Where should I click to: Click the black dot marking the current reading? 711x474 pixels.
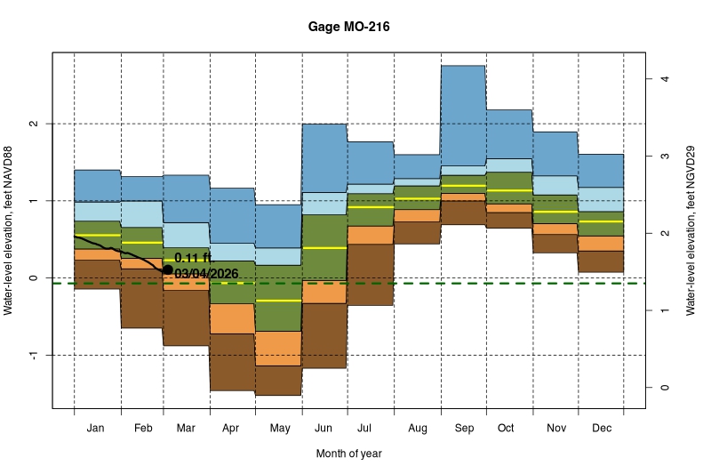(167, 269)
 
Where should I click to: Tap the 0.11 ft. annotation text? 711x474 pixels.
(195, 258)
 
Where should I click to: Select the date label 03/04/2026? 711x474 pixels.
(206, 274)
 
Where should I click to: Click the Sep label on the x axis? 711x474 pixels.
(464, 429)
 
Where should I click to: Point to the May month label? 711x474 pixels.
(279, 429)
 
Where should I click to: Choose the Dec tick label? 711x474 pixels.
(601, 429)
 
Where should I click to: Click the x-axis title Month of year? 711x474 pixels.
(348, 454)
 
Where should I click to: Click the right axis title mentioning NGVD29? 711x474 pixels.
(691, 231)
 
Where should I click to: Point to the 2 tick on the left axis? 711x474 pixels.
(33, 124)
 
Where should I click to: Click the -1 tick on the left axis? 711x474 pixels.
(33, 355)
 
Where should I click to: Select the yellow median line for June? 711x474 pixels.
(325, 248)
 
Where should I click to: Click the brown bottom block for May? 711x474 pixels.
(279, 380)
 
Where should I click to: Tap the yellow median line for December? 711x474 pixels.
(601, 221)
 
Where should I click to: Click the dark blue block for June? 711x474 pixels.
(325, 157)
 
